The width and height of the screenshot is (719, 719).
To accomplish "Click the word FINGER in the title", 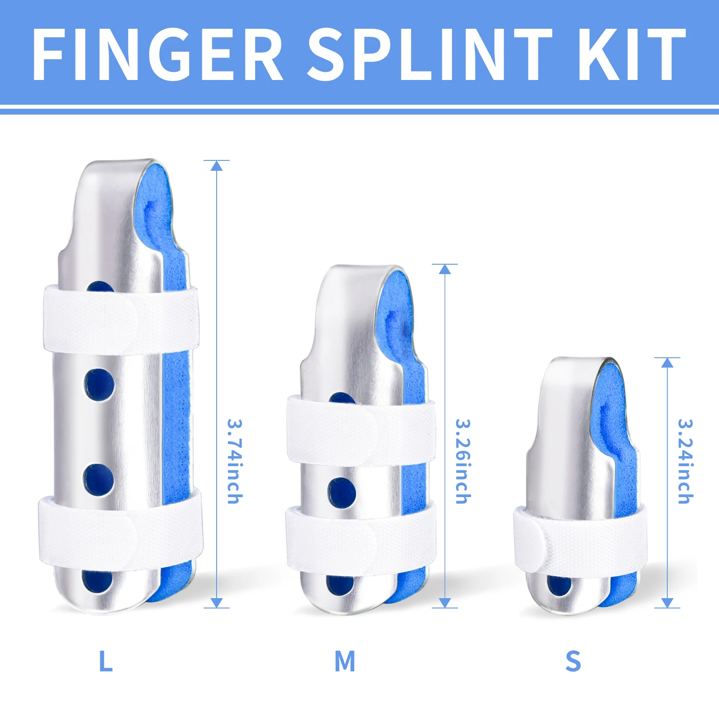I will (157, 55).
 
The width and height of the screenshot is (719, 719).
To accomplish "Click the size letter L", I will (106, 661).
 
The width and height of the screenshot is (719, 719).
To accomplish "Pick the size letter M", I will (345, 661).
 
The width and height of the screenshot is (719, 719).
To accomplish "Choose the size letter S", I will (573, 661).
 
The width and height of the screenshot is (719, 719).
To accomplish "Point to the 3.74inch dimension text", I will (235, 461).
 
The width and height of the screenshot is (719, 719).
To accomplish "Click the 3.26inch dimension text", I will (463, 461).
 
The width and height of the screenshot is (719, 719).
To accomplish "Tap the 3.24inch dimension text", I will (685, 461).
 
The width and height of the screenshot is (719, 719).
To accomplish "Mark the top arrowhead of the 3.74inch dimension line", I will (217, 166).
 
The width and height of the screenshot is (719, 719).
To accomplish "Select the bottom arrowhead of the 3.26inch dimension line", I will (445, 603).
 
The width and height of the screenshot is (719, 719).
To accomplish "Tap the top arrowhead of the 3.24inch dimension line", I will (667, 363).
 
